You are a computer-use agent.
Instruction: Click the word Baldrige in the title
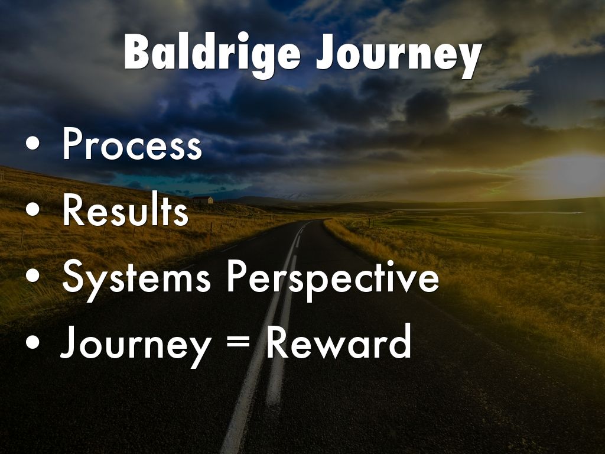(x=212, y=53)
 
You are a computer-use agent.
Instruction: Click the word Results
(x=125, y=209)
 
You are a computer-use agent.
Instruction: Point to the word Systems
(x=136, y=279)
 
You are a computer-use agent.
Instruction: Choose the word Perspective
(x=333, y=279)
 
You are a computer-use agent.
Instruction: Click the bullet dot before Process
(x=33, y=143)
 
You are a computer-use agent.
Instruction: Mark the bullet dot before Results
(x=33, y=209)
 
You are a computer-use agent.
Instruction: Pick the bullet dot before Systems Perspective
(x=33, y=275)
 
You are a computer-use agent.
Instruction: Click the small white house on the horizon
(x=203, y=200)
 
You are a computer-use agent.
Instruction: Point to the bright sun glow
(x=571, y=174)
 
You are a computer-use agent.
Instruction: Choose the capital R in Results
(x=74, y=209)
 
